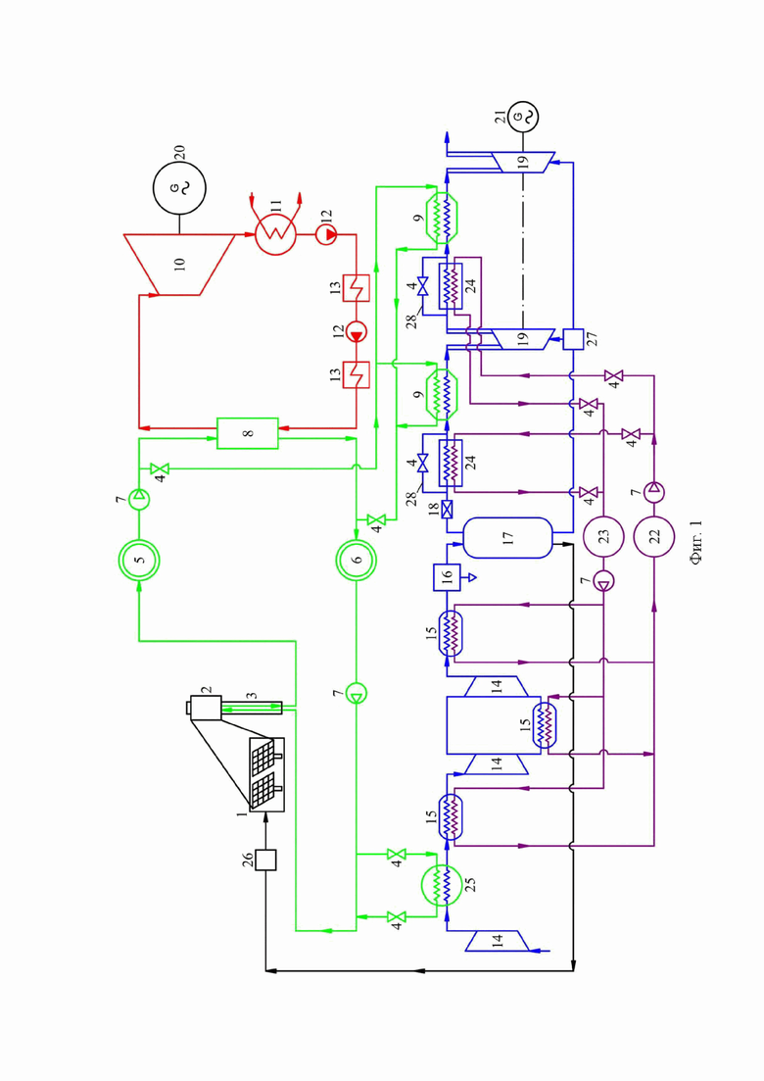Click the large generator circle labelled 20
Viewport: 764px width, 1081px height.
[x=179, y=187]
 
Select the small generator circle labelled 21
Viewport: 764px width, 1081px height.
[x=522, y=117]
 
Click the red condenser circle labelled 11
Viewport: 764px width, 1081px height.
[x=275, y=234]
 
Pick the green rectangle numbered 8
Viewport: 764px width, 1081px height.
[x=247, y=433]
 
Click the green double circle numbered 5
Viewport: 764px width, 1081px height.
[x=139, y=560]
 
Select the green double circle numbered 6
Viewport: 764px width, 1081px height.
[x=357, y=560]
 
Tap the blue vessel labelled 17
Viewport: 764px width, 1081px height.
[x=507, y=538]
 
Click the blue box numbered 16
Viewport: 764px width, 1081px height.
[x=447, y=577]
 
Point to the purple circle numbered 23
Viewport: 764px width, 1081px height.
[x=603, y=536]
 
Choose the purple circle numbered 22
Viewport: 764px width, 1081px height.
[x=653, y=536]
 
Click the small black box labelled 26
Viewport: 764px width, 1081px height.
[x=265, y=860]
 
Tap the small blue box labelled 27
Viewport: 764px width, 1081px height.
[x=573, y=339]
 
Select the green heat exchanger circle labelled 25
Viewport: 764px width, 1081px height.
[x=442, y=885]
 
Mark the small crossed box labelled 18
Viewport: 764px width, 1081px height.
[x=447, y=510]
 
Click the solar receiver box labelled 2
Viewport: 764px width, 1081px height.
[x=206, y=708]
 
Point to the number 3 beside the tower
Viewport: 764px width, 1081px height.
[x=252, y=696]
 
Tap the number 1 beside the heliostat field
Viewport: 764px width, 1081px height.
[x=242, y=814]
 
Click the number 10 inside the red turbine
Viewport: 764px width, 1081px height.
[x=179, y=264]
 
